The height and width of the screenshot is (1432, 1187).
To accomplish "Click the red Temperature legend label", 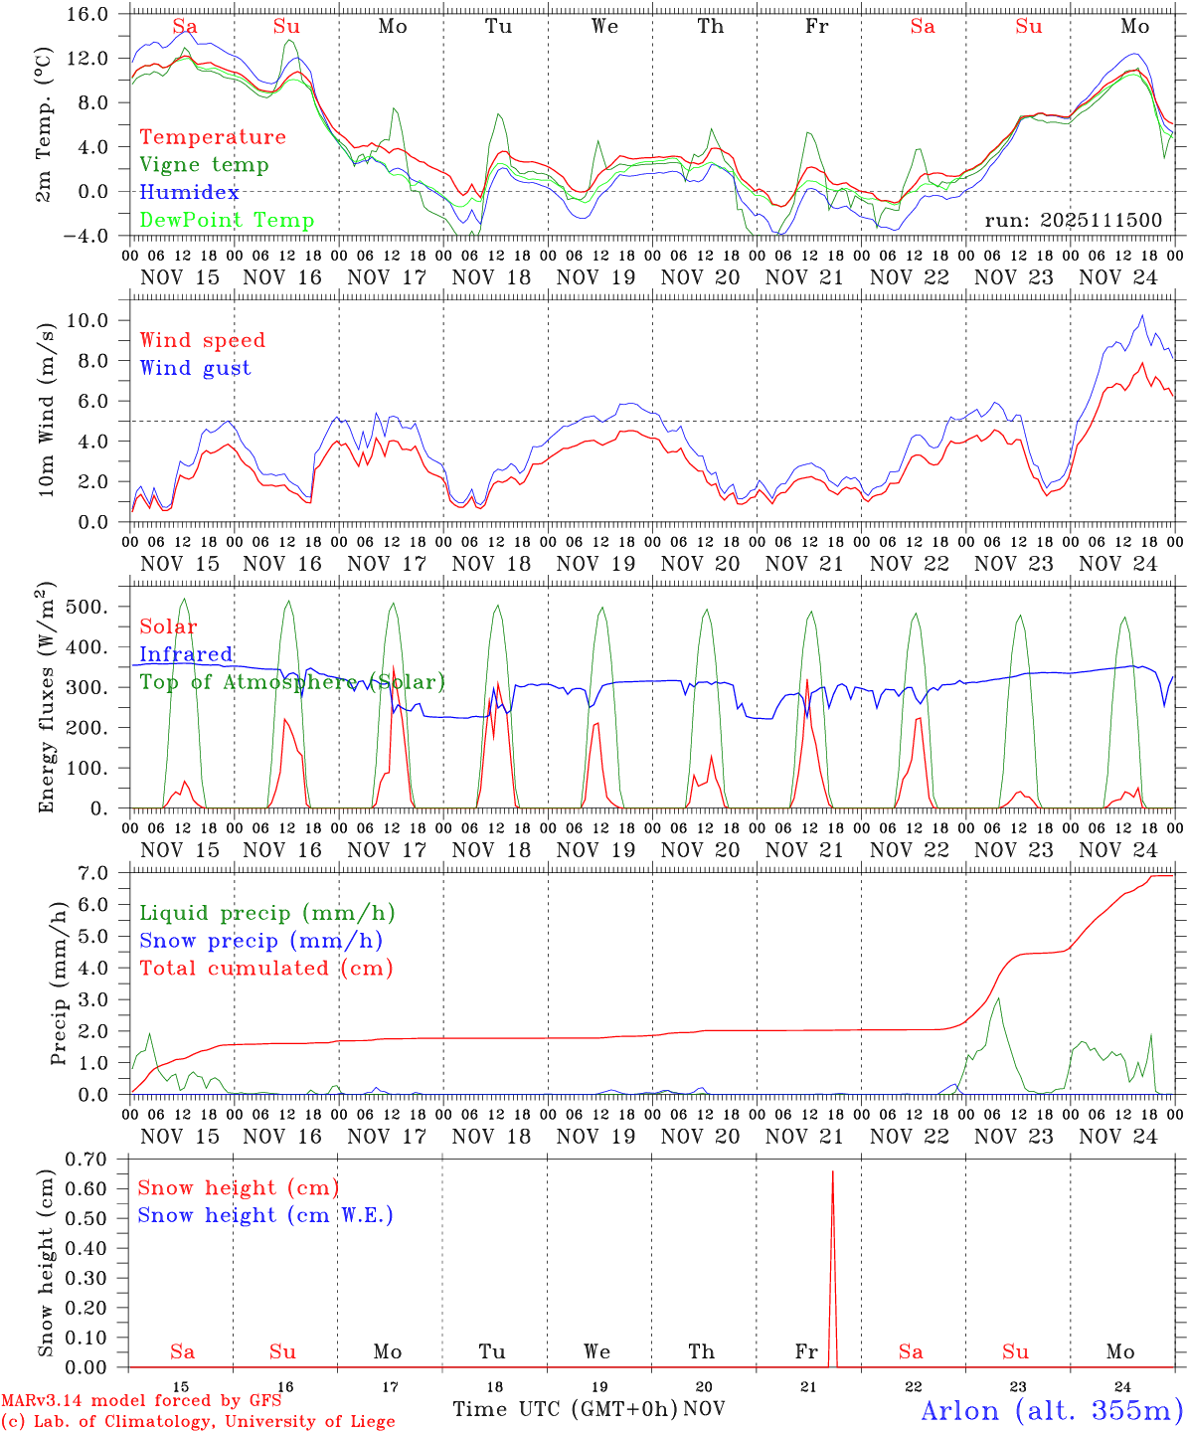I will pos(212,137).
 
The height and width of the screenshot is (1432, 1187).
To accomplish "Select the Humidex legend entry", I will pos(189,192).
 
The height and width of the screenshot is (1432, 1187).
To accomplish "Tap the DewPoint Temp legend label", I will pos(227,220).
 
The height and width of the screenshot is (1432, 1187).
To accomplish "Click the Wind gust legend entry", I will pos(195,368).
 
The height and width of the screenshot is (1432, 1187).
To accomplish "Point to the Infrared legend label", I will pos(186,654).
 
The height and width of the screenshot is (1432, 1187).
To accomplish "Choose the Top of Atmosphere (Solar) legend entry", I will pos(291,682).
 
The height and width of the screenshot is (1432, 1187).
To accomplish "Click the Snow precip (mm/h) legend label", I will pos(260,941).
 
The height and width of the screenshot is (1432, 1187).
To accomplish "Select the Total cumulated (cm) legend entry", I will pos(265,968).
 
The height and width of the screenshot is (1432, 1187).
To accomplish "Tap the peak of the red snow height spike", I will pos(832,1172).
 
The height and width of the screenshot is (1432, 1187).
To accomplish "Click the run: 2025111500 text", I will pos(1073,220).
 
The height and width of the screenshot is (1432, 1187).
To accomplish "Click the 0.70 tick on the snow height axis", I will pos(92,1159).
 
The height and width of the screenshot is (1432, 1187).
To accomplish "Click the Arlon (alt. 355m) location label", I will pos(1051,1410).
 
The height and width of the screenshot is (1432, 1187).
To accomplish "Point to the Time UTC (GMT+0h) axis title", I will pos(565,1409).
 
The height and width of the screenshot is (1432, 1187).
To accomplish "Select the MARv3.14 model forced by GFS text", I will pos(141,1400).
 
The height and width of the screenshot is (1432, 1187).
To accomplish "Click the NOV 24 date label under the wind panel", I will pos(1118,564).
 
